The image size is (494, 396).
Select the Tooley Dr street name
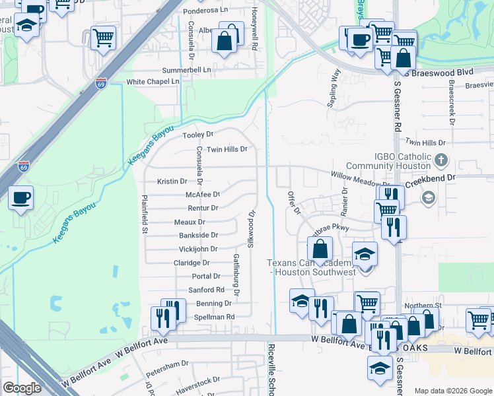click(198, 134)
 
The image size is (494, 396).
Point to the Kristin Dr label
click(172, 181)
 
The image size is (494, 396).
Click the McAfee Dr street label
click(202, 194)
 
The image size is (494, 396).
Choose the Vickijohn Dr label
click(198, 249)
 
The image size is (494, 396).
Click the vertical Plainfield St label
click(143, 214)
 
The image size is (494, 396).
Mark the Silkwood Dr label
click(251, 227)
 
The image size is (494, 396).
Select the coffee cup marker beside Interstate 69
click(20, 197)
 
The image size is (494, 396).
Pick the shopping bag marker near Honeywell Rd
click(225, 41)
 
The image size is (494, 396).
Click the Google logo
click(22, 388)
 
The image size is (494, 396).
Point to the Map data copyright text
click(452, 391)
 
